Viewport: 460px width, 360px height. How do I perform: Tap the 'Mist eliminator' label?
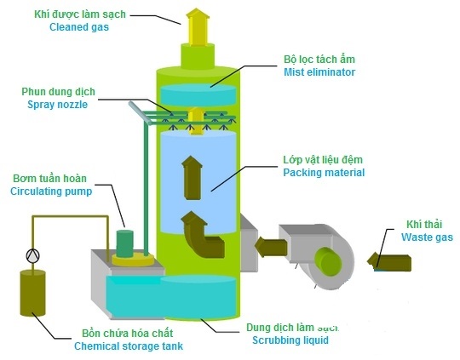(x=319, y=73)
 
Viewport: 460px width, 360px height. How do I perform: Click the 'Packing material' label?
(x=324, y=173)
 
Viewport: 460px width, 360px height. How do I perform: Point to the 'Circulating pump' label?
(x=49, y=191)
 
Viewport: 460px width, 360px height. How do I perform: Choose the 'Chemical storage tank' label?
(x=128, y=346)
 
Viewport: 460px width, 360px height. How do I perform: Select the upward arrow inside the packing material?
(x=193, y=175)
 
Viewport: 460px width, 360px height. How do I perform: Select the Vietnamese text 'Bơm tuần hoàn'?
(x=49, y=178)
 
